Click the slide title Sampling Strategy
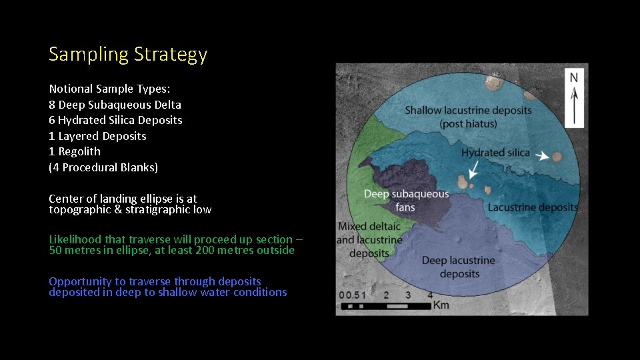pyautogui.click(x=128, y=54)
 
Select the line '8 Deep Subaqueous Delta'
pyautogui.click(x=115, y=105)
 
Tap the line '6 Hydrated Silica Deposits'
pyautogui.click(x=115, y=120)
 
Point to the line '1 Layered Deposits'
pyautogui.click(x=97, y=136)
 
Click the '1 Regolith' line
pyautogui.click(x=75, y=151)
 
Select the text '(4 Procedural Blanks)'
pyautogui.click(x=103, y=167)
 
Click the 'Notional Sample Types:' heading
pyautogui.click(x=109, y=89)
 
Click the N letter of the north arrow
pyautogui.click(x=573, y=78)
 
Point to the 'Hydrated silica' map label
pyautogui.click(x=495, y=153)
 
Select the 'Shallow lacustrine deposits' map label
pyautogui.click(x=469, y=110)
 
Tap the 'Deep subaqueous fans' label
pyautogui.click(x=406, y=201)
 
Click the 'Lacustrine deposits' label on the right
pyautogui.click(x=532, y=207)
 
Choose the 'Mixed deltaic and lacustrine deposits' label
pyautogui.click(x=369, y=240)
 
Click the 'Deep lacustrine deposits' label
pyautogui.click(x=459, y=267)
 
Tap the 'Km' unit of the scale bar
pyautogui.click(x=441, y=305)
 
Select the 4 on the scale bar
pyautogui.click(x=430, y=295)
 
